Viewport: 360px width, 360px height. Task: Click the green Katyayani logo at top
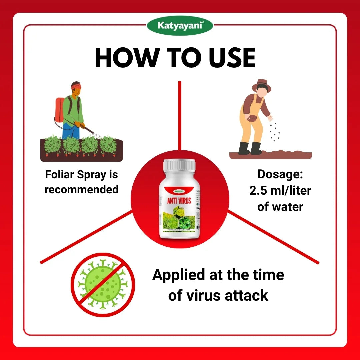click(180, 26)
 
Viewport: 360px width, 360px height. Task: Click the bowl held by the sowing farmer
click(253, 118)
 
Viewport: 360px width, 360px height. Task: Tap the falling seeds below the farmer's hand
click(275, 132)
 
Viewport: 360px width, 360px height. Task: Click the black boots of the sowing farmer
click(250, 148)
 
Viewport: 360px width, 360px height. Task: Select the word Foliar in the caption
click(60, 175)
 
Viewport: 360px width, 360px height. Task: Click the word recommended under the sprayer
click(81, 189)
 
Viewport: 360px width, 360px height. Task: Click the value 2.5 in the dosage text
click(258, 191)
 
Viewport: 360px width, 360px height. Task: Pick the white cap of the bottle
click(180, 165)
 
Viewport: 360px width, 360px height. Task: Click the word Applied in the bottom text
click(178, 275)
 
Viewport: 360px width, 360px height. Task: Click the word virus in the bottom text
click(200, 295)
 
